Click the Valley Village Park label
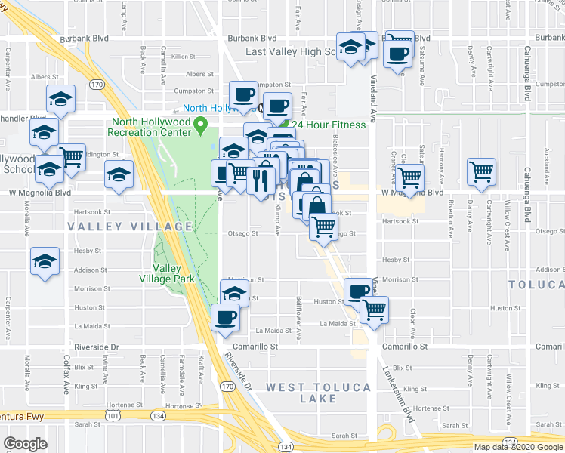coord(174,273)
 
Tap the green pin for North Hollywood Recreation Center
coord(200,125)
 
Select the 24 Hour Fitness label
coord(329,125)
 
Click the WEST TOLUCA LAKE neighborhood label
coord(318,393)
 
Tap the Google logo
coord(26,444)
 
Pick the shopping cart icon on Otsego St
coord(323,224)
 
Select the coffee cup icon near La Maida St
coord(225,317)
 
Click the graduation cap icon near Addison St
coord(45,262)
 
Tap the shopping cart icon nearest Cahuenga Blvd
coord(481,171)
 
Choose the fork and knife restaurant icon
coord(256,180)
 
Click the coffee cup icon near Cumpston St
coord(243,94)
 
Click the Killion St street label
coord(184,57)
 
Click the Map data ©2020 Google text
coord(517,447)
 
